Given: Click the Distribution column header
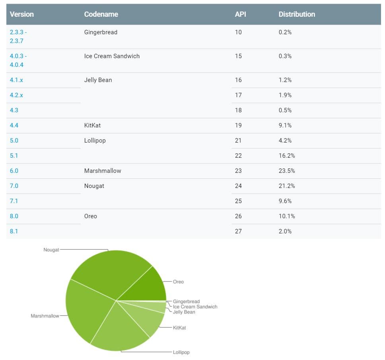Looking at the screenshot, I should (x=296, y=14).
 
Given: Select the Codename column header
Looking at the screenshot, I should (x=101, y=14).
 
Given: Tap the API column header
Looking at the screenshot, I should (x=240, y=14).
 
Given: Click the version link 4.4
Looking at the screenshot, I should (x=14, y=125).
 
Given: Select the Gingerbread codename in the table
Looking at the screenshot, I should (x=101, y=32).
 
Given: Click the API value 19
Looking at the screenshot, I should (x=238, y=125).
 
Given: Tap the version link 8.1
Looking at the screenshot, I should (x=14, y=231).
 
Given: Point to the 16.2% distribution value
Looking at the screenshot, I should (x=287, y=156).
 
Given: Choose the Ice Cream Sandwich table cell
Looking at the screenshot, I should (x=112, y=56).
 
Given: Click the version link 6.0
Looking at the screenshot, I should (x=14, y=171).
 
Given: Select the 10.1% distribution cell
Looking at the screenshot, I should (x=287, y=216).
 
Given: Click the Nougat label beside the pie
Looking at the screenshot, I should (x=51, y=250).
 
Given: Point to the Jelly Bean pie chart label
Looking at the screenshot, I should (x=184, y=312).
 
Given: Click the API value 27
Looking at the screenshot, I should (x=238, y=231).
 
